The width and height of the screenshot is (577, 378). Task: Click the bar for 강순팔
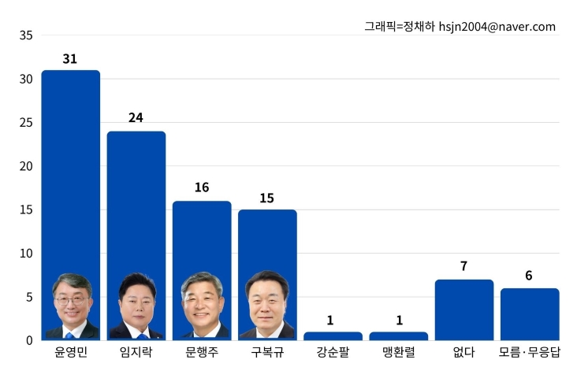333,336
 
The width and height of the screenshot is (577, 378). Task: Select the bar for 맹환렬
399,336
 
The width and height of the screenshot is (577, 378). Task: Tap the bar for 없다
464,310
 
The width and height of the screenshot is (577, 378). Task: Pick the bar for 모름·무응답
530,314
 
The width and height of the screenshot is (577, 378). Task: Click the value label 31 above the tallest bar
70,59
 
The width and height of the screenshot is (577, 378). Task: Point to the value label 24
136,118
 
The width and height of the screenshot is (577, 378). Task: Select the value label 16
202,187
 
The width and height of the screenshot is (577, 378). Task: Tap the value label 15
267,198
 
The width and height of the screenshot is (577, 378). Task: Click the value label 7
464,266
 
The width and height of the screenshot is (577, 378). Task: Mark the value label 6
529,276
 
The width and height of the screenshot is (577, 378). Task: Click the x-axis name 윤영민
71,353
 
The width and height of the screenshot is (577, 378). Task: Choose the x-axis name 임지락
136,353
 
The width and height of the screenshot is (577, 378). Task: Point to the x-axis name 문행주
202,353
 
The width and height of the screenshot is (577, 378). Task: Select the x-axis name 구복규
267,353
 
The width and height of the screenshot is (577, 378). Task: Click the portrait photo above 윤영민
72,306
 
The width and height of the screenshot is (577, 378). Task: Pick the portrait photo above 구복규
267,306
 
